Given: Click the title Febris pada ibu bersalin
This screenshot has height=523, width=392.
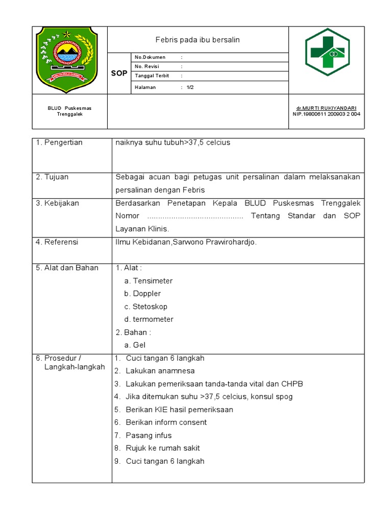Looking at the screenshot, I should [x=198, y=39].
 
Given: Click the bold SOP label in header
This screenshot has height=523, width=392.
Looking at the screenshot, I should [x=119, y=74].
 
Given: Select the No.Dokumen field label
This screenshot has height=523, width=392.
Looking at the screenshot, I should [x=150, y=57].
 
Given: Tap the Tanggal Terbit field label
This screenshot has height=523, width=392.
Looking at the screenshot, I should [x=152, y=76].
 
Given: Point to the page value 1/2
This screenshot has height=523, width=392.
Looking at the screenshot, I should [x=190, y=87].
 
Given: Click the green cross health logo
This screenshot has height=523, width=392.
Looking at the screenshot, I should [x=327, y=52].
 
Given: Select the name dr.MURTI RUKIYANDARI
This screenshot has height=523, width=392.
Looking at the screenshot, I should [x=326, y=108].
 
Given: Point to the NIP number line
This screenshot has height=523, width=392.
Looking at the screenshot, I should [x=326, y=114].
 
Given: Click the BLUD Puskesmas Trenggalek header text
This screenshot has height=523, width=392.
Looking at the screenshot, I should [x=69, y=111].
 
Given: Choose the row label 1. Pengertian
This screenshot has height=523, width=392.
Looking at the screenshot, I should [x=59, y=142].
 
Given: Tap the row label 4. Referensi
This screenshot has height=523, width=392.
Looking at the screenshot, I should [x=57, y=242].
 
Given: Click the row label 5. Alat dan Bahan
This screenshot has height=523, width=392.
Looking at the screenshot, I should [x=67, y=268].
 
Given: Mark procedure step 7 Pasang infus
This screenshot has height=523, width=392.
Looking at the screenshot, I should [x=149, y=435].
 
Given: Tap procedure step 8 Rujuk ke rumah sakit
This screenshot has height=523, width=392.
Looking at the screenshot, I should [x=162, y=448].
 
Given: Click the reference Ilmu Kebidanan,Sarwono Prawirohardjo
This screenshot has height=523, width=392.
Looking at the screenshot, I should [x=186, y=242].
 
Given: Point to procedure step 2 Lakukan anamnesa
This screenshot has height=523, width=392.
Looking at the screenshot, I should [x=160, y=371].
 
